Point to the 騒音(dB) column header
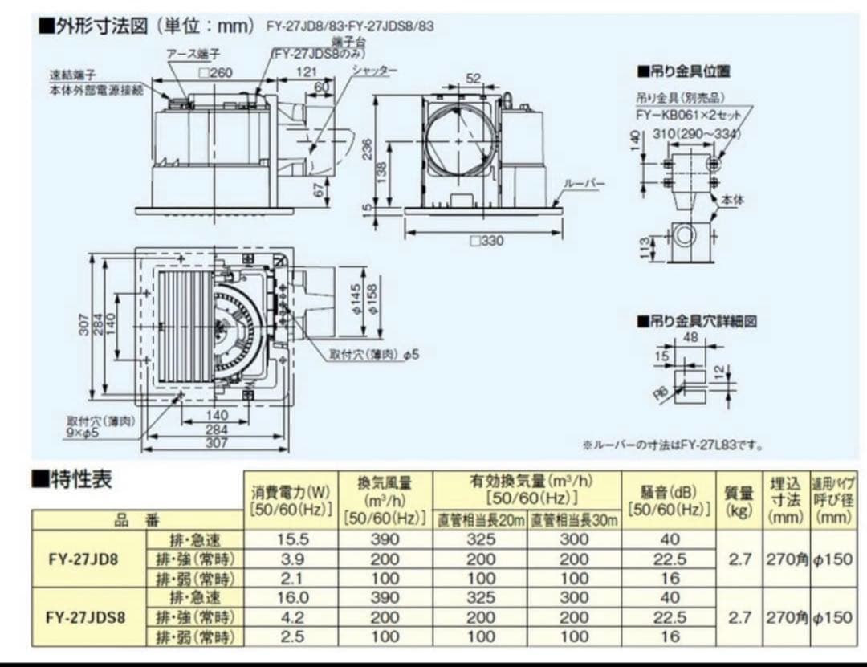(669, 498)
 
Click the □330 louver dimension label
(486, 241)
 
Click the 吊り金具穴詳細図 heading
(696, 321)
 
